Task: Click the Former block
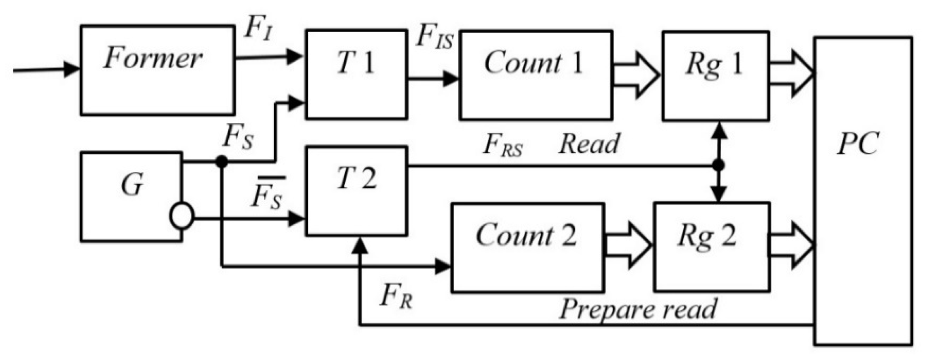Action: click(x=157, y=70)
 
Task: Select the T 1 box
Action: click(x=356, y=74)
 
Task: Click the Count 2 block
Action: click(x=527, y=248)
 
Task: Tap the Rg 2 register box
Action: click(x=711, y=247)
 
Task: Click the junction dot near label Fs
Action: click(x=222, y=161)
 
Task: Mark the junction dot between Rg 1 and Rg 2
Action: click(x=719, y=166)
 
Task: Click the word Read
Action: click(x=589, y=144)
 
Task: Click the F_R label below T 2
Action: click(x=395, y=297)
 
